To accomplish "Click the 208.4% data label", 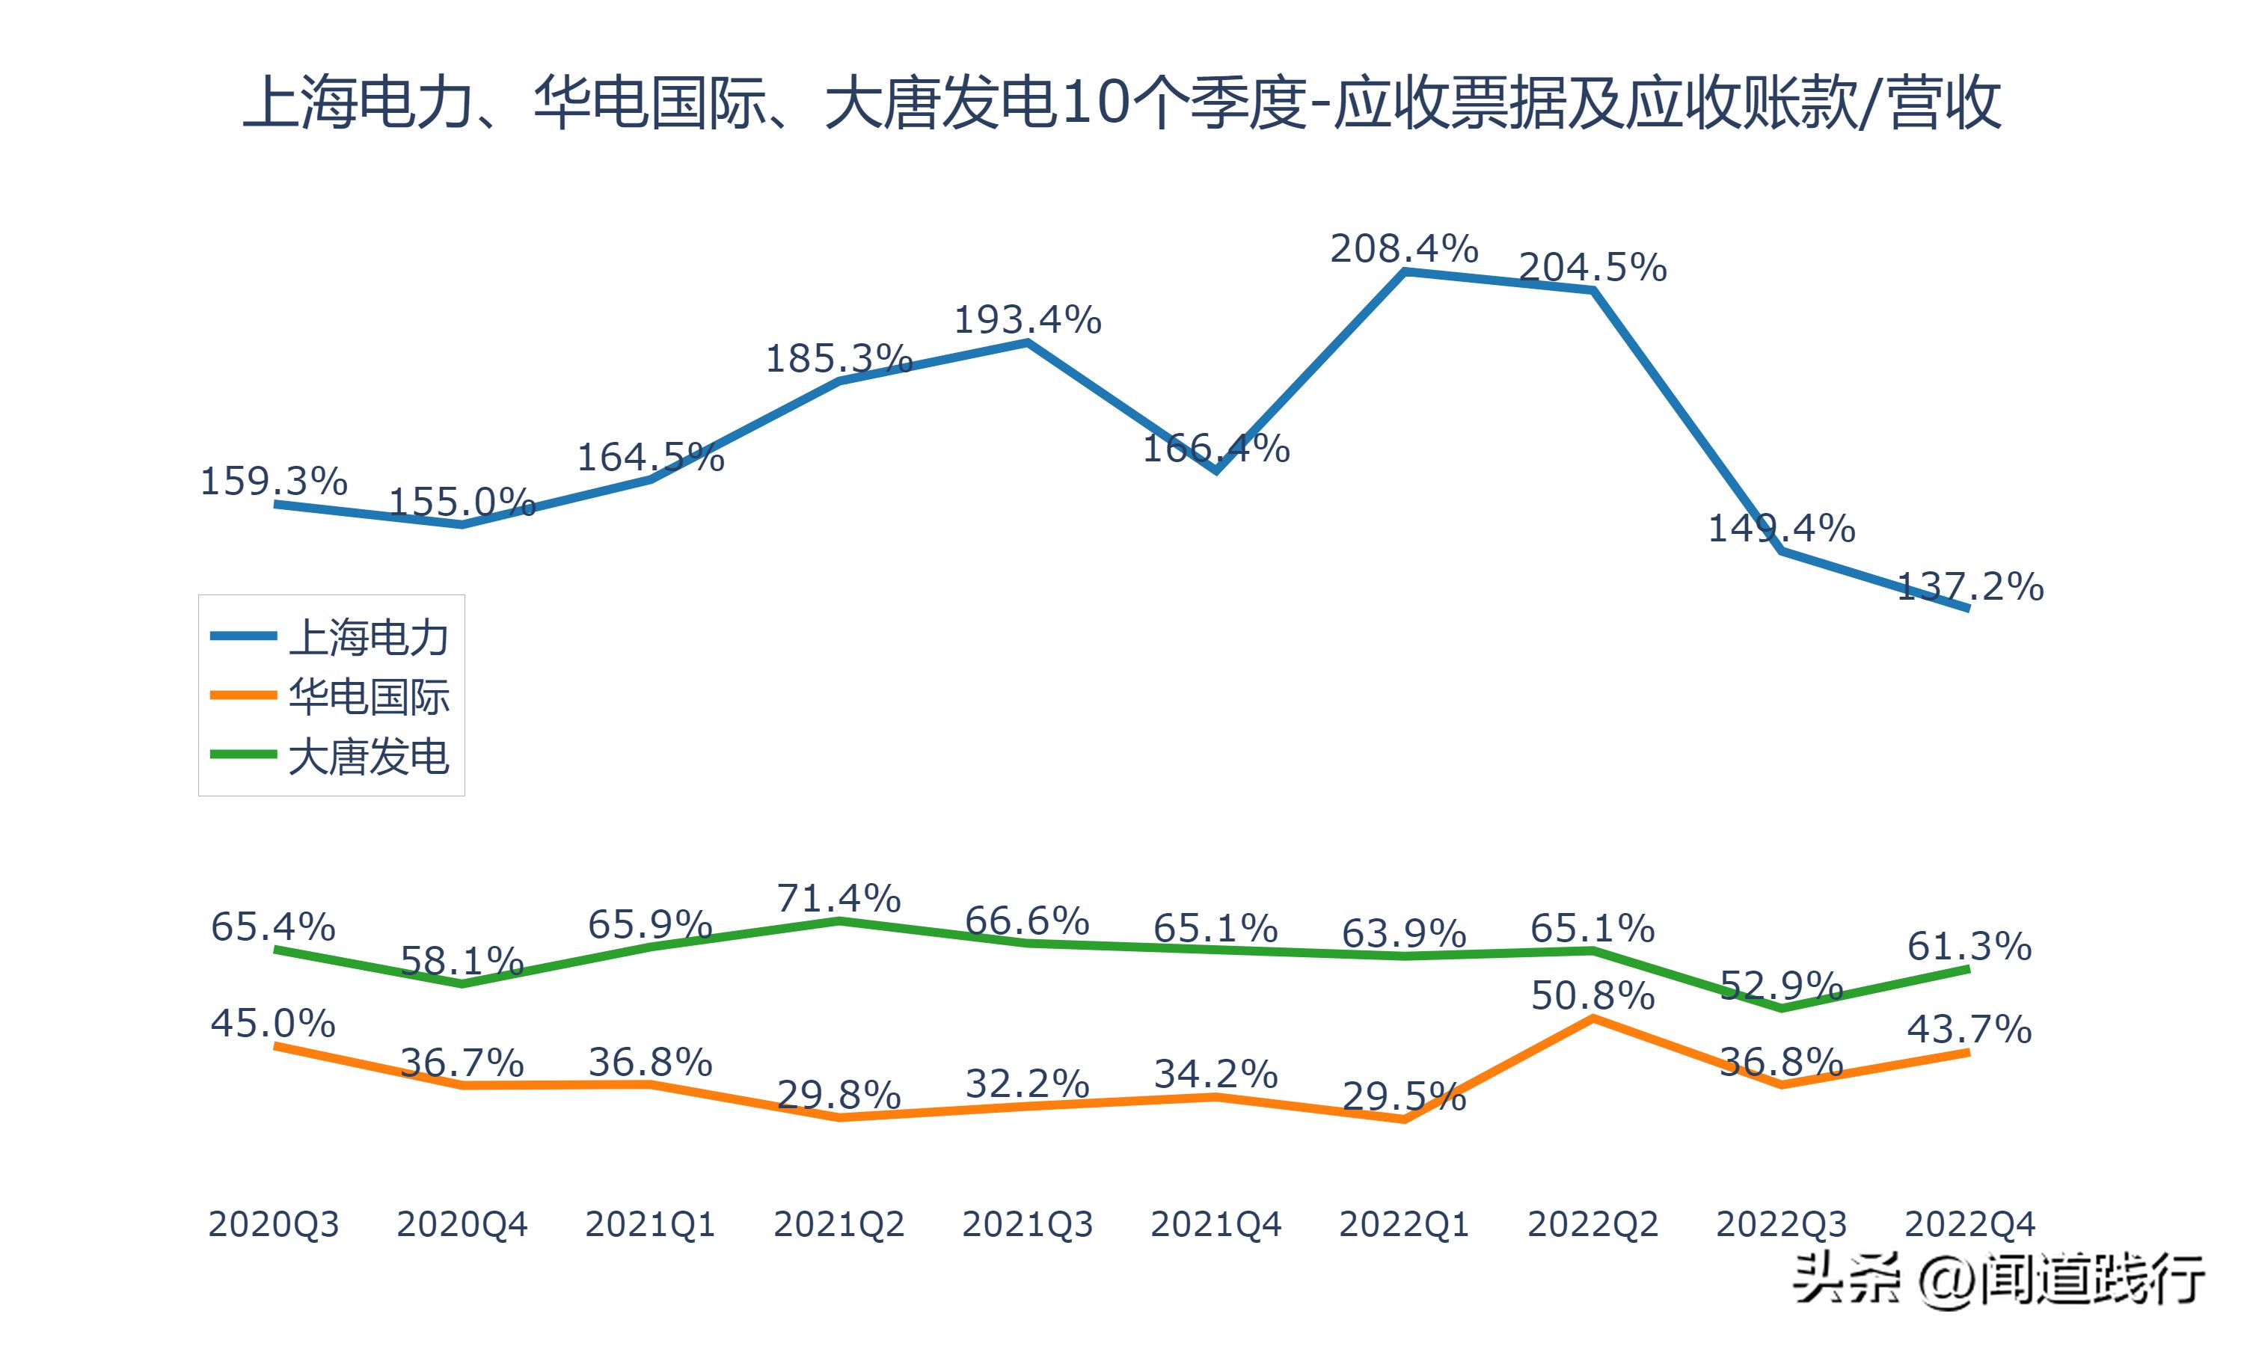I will (x=1403, y=248).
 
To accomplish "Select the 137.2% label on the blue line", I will (x=1970, y=587).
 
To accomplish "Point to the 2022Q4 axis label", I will (x=1969, y=1224).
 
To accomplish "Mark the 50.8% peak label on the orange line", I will (x=1592, y=996).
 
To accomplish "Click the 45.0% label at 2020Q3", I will (x=273, y=1023).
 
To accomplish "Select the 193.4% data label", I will (x=1027, y=320).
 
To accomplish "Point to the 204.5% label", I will (x=1592, y=268).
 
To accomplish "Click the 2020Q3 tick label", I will (x=273, y=1224).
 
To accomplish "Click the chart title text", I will (x=1121, y=102).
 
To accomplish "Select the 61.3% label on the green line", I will (x=1969, y=946).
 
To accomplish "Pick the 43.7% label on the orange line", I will (x=1969, y=1028).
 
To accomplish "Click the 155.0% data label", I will (x=462, y=502).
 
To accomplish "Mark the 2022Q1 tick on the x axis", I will (x=1403, y=1224).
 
